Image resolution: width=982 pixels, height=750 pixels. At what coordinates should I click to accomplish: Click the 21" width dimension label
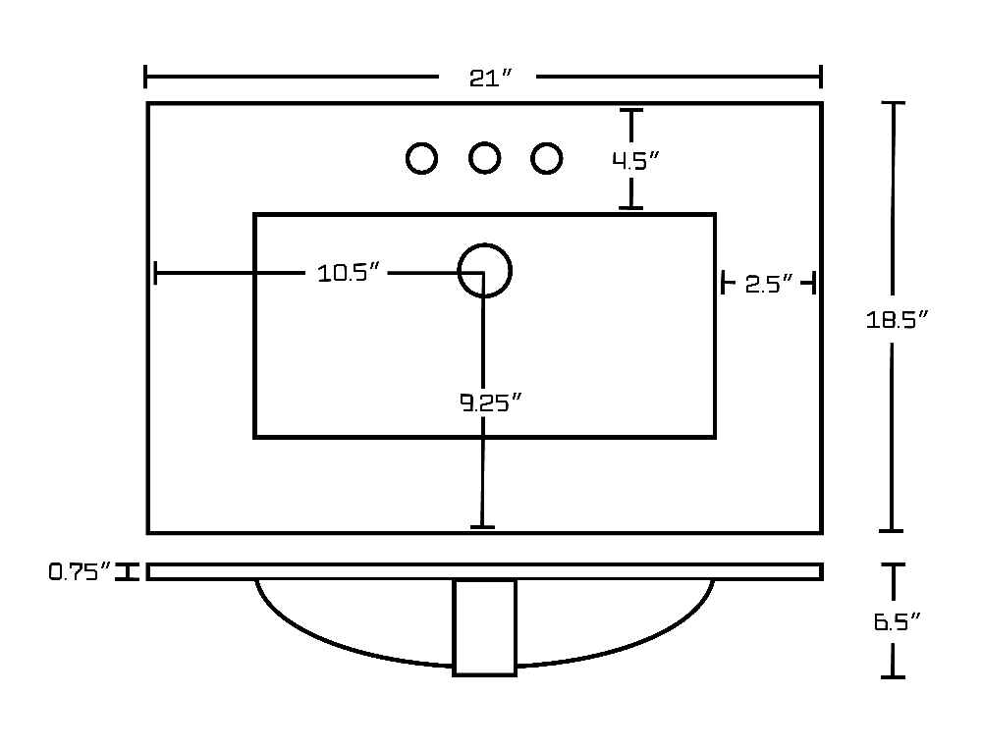(x=490, y=78)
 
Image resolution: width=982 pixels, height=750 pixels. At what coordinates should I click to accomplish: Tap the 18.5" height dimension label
(x=896, y=320)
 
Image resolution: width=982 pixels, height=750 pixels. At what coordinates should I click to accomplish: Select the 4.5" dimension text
(x=635, y=161)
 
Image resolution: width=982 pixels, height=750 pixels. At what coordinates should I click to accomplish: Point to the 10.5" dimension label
(x=349, y=273)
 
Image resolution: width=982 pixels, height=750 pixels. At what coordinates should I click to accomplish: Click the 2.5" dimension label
(x=769, y=285)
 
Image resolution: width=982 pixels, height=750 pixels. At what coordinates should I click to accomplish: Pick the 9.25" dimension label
(x=490, y=402)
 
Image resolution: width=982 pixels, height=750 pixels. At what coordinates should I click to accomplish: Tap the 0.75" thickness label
(x=81, y=571)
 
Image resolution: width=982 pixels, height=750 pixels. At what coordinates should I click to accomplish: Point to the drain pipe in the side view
(x=485, y=628)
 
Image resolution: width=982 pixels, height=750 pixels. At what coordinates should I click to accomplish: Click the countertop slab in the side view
(x=485, y=571)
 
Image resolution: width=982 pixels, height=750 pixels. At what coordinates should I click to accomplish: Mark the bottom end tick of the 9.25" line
(x=482, y=527)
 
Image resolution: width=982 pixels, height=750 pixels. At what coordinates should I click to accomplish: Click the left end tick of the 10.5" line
(x=155, y=274)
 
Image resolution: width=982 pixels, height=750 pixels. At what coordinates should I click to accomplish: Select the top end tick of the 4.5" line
(x=631, y=110)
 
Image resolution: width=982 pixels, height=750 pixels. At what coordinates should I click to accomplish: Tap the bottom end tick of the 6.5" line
(x=893, y=676)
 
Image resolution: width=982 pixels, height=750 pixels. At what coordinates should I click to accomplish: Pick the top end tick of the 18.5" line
(x=893, y=103)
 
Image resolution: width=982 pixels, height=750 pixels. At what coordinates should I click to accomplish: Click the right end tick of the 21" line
(x=820, y=77)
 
